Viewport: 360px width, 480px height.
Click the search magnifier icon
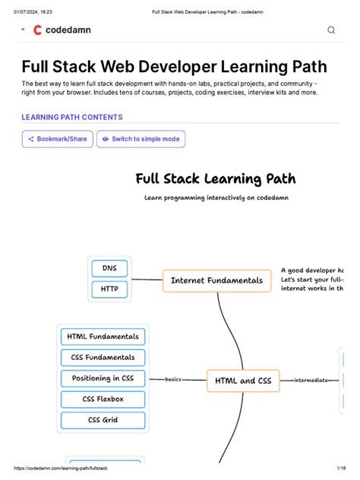click(x=331, y=30)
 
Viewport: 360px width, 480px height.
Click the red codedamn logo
click(x=37, y=30)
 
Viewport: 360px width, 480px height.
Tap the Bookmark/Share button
click(x=58, y=139)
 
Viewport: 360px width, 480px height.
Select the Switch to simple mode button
click(x=141, y=139)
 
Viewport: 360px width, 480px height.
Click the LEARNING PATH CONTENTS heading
click(x=72, y=118)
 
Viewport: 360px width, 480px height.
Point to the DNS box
click(x=109, y=268)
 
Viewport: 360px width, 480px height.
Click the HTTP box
click(x=109, y=289)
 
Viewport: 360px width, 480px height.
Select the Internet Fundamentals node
click(x=216, y=280)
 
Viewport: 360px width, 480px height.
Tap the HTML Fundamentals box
click(x=103, y=336)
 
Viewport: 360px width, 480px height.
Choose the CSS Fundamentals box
click(x=103, y=357)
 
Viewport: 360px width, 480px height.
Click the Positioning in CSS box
click(x=103, y=378)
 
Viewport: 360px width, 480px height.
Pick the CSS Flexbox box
click(x=103, y=399)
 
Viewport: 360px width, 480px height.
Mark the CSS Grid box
click(x=103, y=419)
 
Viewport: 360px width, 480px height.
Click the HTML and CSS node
click(x=243, y=380)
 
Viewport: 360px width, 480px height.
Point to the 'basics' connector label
click(x=173, y=379)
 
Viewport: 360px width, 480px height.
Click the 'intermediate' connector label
click(x=311, y=380)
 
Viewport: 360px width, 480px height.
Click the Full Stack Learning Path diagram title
click(x=215, y=179)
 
